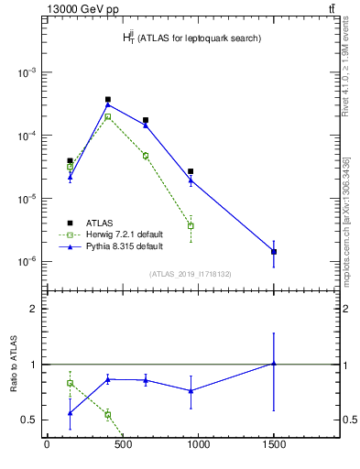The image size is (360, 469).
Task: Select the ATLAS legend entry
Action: [x=101, y=222]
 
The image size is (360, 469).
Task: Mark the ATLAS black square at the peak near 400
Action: [x=108, y=99]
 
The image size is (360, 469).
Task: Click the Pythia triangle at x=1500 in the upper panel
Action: [x=274, y=251]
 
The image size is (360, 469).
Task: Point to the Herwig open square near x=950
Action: [x=191, y=225]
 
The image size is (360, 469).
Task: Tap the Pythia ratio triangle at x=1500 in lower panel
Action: [x=274, y=364]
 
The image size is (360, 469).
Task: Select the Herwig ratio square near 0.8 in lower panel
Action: [x=70, y=383]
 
